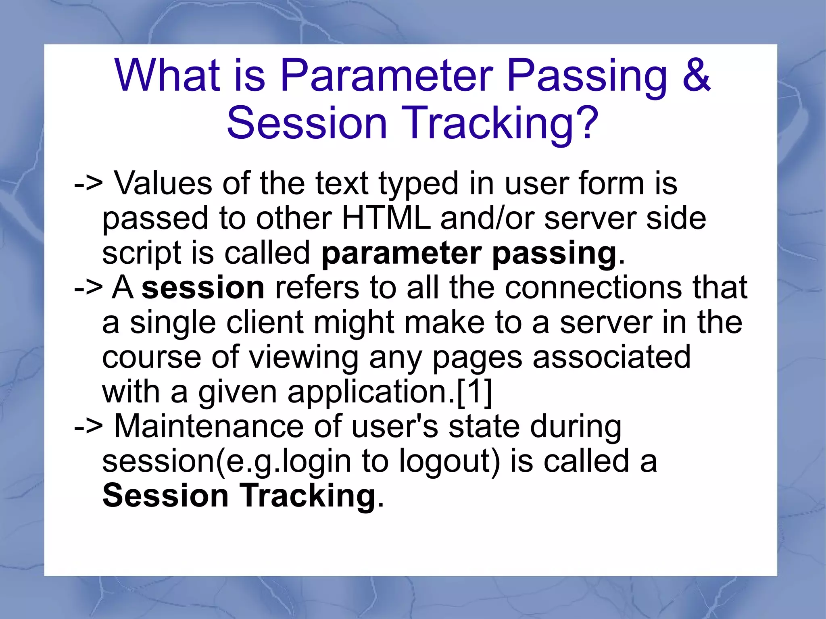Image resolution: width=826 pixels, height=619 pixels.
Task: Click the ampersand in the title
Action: click(696, 75)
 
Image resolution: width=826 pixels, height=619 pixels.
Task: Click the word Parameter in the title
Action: click(386, 75)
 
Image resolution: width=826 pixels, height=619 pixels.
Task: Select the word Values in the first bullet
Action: click(163, 183)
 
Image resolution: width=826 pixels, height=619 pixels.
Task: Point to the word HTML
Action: click(386, 219)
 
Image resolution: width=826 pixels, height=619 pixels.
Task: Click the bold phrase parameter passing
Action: click(469, 253)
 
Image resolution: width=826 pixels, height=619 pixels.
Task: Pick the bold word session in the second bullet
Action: click(203, 288)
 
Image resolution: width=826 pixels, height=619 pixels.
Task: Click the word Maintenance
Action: click(209, 427)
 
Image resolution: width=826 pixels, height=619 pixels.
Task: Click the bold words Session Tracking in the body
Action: click(239, 496)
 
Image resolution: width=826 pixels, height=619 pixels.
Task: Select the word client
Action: click(265, 323)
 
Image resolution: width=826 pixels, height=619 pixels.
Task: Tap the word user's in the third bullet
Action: click(394, 427)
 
